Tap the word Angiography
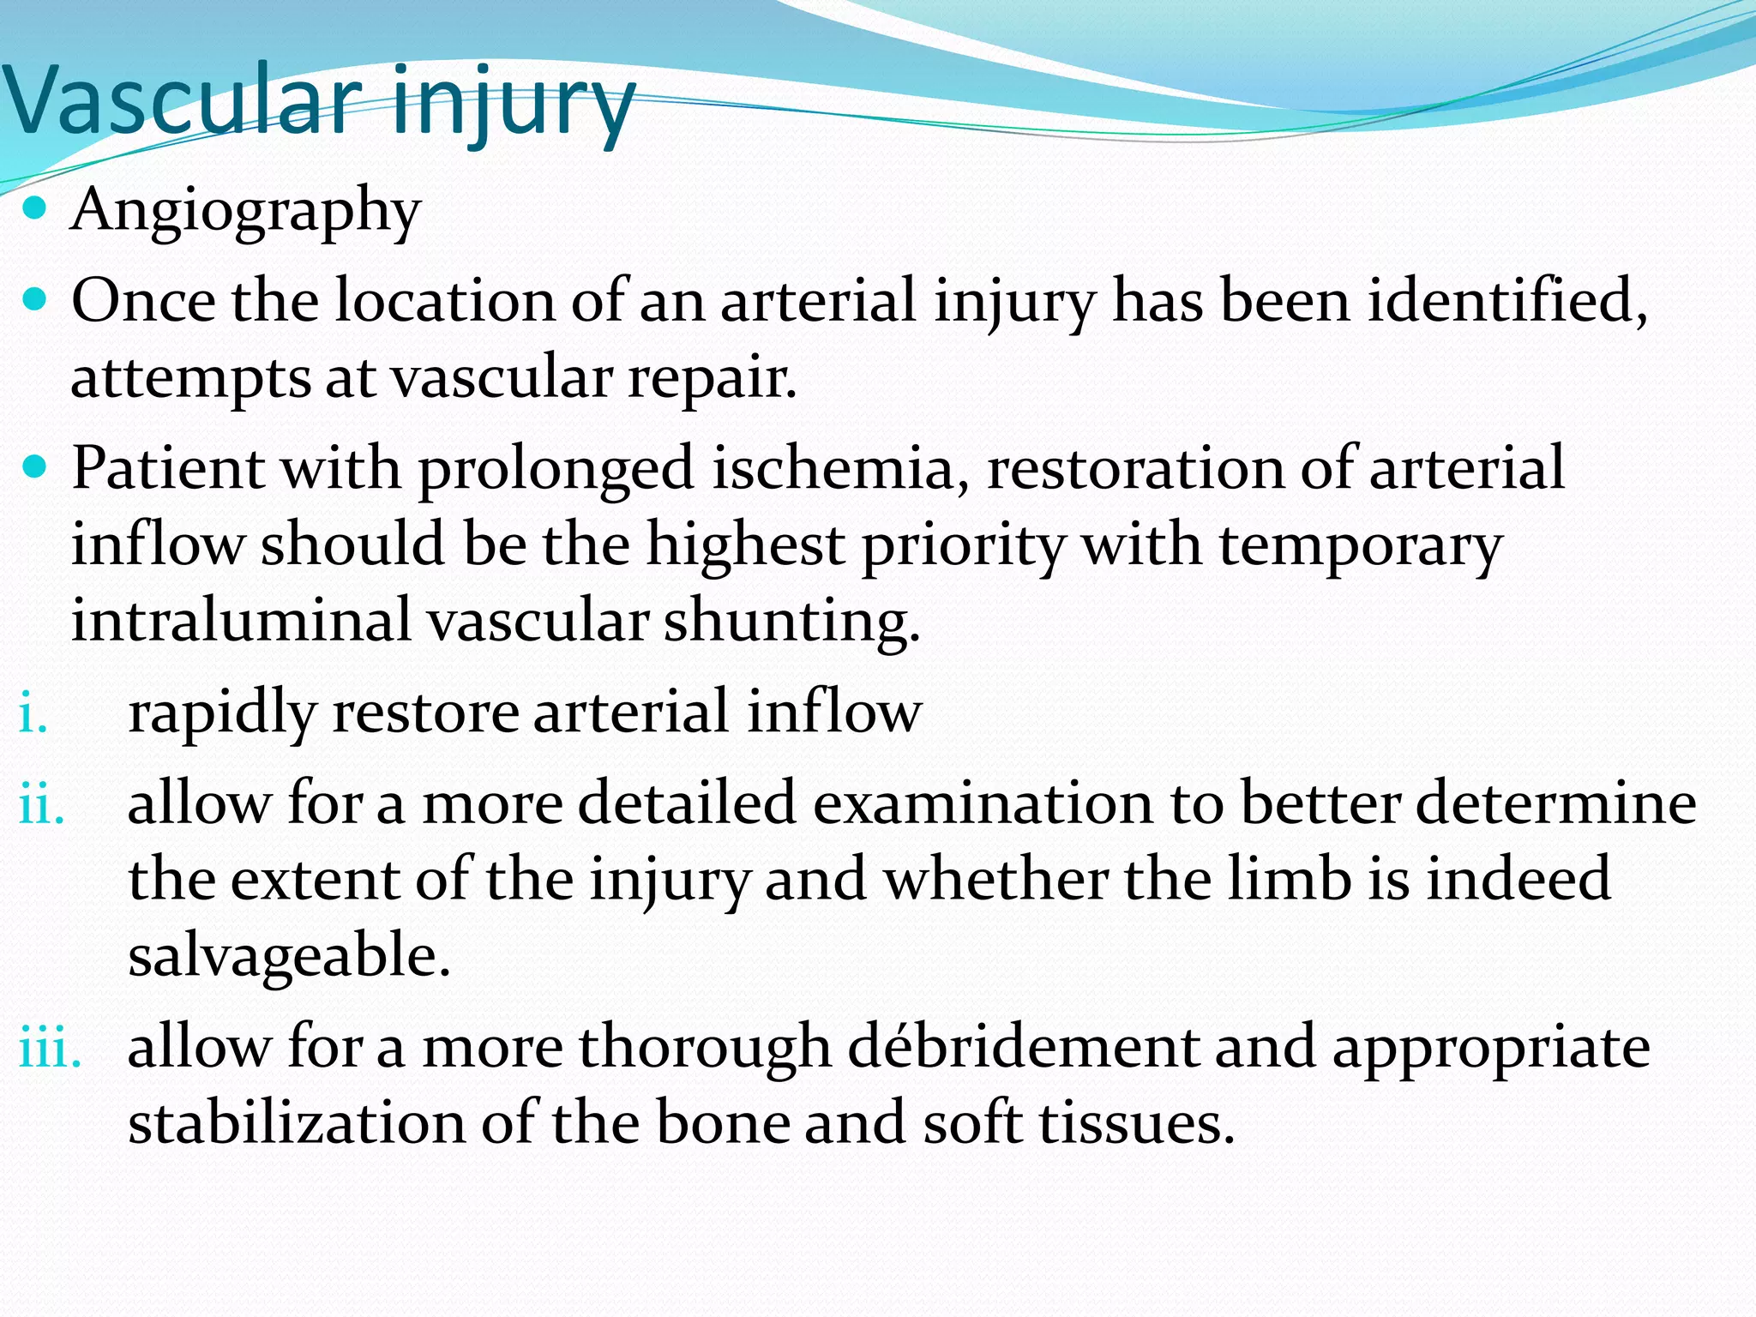click(246, 210)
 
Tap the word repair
click(712, 379)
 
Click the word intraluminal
click(241, 621)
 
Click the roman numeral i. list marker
click(33, 713)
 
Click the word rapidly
click(221, 713)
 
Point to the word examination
click(983, 804)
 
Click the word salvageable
click(288, 957)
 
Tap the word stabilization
click(296, 1123)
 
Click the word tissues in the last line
click(1136, 1123)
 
